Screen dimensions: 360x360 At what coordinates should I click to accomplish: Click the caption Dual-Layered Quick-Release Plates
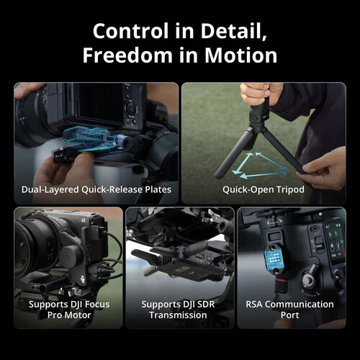pos(96,189)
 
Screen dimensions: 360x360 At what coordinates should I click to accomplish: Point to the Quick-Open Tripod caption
pos(264,189)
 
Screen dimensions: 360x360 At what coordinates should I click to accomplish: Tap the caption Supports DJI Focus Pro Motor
pos(68,310)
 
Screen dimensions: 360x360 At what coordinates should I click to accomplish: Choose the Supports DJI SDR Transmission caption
pos(180,310)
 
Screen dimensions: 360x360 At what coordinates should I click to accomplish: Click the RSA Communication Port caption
pos(290,310)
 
